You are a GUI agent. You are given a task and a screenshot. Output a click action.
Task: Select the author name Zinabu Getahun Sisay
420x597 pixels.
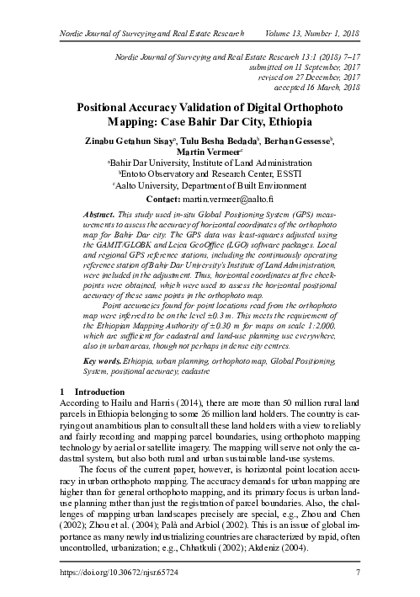127,139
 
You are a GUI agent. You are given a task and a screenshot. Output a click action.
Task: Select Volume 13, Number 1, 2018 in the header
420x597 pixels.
311,34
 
